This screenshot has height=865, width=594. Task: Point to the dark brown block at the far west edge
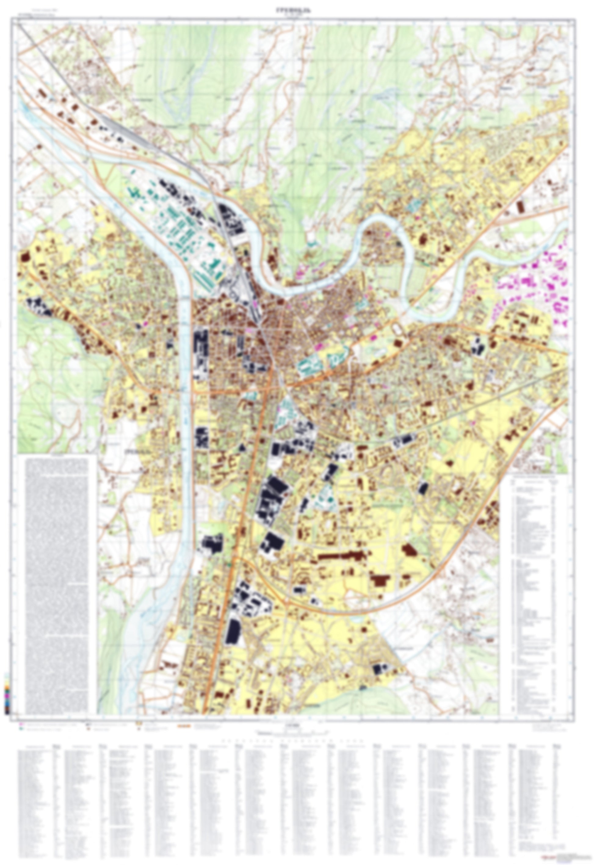point(25,257)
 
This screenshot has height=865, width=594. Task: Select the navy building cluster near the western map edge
point(39,306)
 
